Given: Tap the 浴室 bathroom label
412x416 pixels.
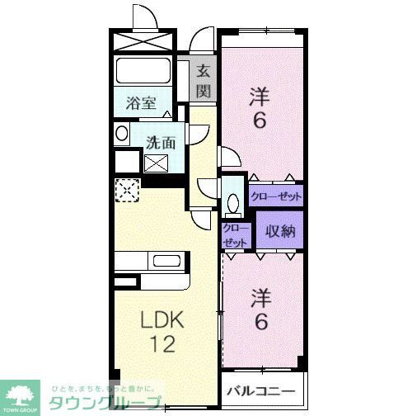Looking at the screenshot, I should [x=142, y=103].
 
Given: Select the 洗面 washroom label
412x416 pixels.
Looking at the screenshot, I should [x=161, y=141].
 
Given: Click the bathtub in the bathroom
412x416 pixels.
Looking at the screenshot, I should [x=143, y=73].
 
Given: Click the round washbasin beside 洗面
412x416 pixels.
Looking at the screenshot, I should [x=122, y=134].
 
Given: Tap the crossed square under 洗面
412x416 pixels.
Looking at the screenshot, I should [x=157, y=163].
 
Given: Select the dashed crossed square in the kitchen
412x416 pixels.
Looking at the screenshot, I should [x=126, y=191].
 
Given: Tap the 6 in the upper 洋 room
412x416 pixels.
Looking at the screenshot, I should [x=259, y=121].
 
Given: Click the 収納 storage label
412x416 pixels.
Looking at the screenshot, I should [x=279, y=232].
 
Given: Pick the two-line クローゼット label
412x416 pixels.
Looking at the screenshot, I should [x=235, y=234].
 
